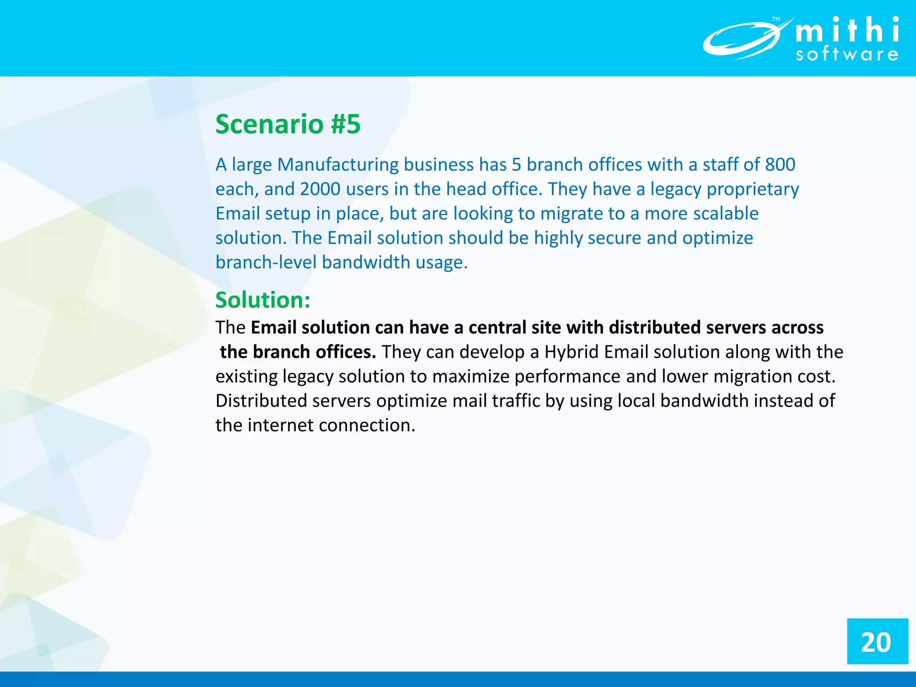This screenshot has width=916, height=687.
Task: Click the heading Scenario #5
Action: pos(288,124)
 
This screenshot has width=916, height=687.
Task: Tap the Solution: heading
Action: pos(263,300)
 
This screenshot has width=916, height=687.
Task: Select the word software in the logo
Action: pos(847,55)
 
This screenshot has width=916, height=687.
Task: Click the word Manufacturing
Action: pos(338,165)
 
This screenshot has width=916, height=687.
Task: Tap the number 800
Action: pos(780,165)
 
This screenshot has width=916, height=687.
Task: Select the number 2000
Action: pos(320,189)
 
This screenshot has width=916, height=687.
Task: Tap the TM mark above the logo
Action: pos(776,19)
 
